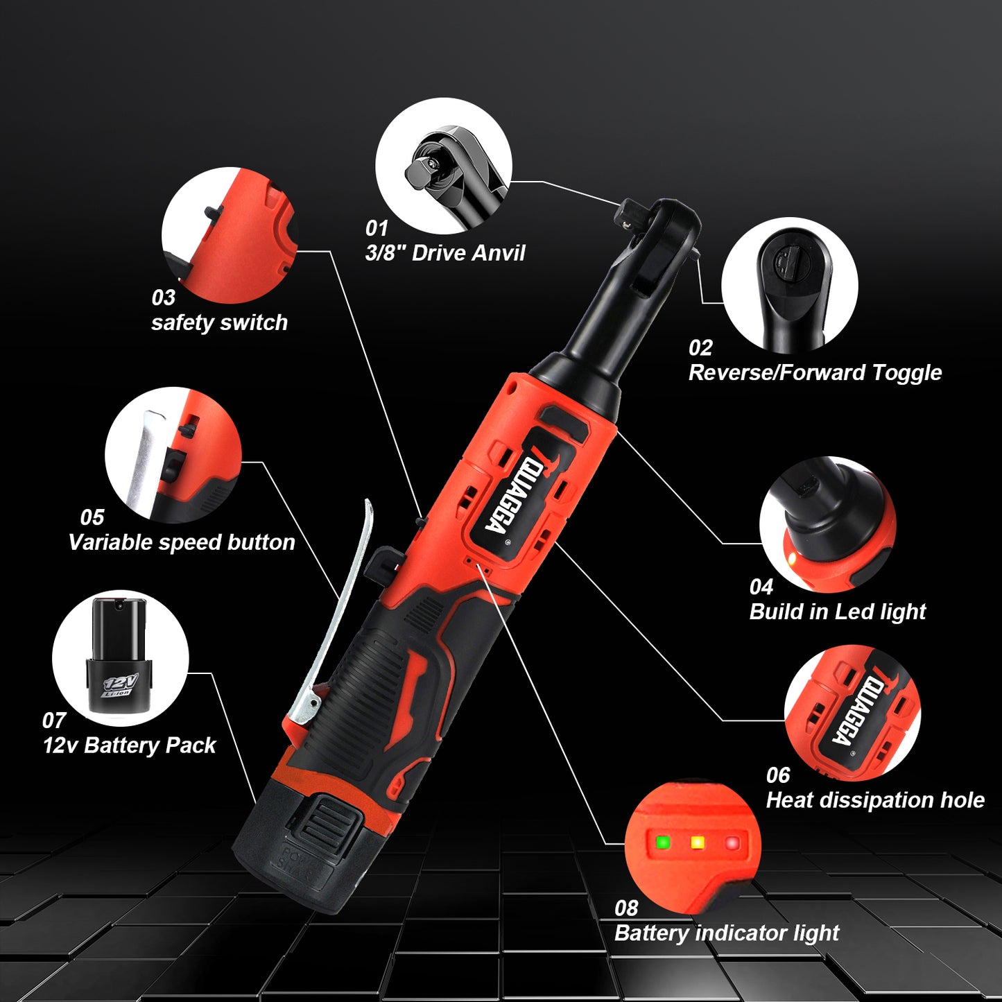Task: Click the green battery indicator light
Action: point(663,843)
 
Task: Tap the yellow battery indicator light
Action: point(698,843)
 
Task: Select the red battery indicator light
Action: point(732,843)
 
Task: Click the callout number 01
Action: point(377,228)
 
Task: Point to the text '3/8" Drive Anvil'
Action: point(444,253)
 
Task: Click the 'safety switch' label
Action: point(219,322)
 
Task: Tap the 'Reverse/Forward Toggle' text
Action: point(815,372)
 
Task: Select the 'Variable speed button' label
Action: point(182,542)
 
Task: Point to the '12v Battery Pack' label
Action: point(130,745)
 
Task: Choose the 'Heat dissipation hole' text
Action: point(875,800)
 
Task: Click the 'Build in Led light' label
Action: point(837,612)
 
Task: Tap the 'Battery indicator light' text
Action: point(727,933)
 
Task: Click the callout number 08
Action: point(625,908)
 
